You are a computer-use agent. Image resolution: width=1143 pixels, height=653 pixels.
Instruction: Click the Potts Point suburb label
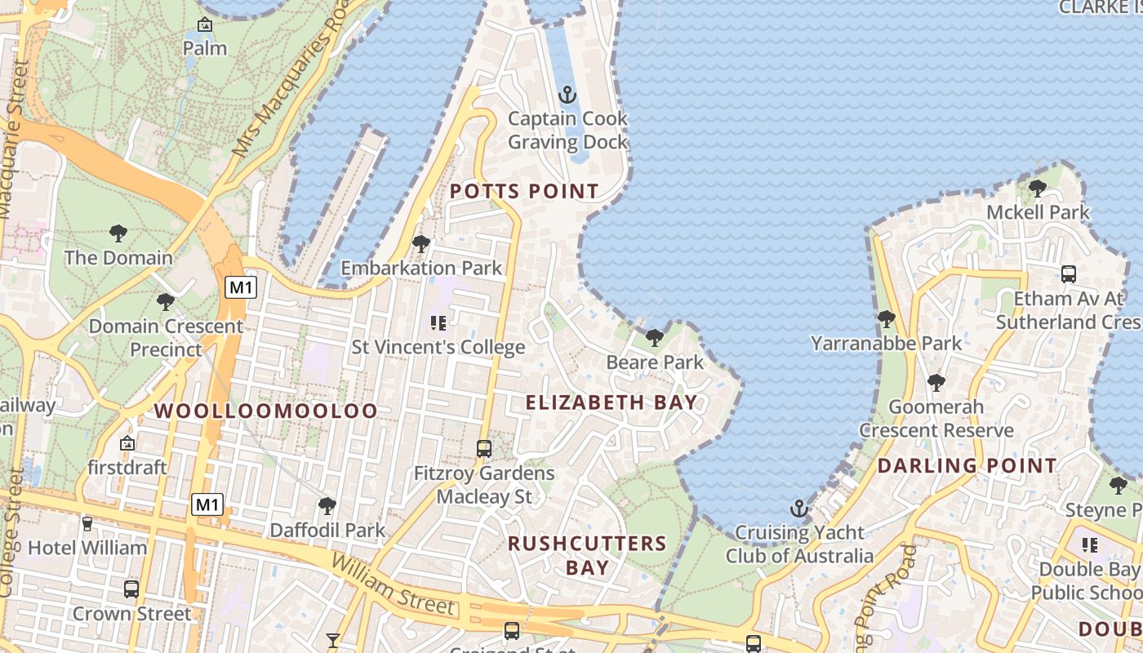tap(524, 192)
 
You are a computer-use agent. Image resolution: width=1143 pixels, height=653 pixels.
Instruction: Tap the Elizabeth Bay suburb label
tap(612, 402)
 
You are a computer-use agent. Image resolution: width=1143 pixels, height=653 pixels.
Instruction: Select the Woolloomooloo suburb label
tap(266, 411)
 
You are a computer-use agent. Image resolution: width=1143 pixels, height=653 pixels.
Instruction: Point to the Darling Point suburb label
tap(967, 466)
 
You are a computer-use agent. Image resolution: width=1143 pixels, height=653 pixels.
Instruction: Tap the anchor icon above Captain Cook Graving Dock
tap(567, 96)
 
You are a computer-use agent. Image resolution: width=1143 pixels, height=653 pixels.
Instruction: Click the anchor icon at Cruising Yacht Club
tap(799, 509)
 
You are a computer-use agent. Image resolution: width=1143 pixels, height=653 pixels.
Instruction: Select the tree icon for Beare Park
tap(654, 337)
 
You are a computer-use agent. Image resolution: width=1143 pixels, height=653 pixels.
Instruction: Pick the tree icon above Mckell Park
tap(1037, 189)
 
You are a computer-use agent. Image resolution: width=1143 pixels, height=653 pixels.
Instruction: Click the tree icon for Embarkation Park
tap(421, 243)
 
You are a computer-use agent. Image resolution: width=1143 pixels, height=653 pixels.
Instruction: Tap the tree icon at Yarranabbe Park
tap(886, 319)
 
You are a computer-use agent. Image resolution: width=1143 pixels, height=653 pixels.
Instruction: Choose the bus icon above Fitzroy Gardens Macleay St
tap(484, 448)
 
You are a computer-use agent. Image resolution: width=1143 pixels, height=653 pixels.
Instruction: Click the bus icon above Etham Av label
tap(1068, 274)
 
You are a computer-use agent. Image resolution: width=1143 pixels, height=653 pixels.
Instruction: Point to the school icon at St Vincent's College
tap(438, 323)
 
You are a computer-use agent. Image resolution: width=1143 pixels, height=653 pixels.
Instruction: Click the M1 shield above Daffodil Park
tap(207, 505)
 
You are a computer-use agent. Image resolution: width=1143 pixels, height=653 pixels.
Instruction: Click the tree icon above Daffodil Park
tap(327, 506)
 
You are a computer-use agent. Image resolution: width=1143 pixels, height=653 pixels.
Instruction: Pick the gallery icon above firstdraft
tap(127, 443)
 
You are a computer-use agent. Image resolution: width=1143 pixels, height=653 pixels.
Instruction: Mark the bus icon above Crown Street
tap(131, 589)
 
